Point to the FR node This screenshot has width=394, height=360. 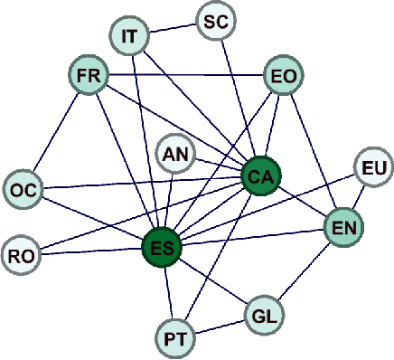pyautogui.click(x=89, y=76)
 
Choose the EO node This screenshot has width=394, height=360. pyautogui.click(x=282, y=76)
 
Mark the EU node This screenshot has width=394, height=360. pyautogui.click(x=372, y=167)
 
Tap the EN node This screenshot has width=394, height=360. pyautogui.click(x=344, y=226)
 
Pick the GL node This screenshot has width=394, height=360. pyautogui.click(x=263, y=316)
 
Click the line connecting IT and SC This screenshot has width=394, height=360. pyautogui.click(x=175, y=29)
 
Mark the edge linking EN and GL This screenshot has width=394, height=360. pyautogui.click(x=304, y=271)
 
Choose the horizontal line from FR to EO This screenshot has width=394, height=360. pyautogui.click(x=185, y=76)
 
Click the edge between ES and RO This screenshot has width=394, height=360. pyautogui.click(x=90, y=251)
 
